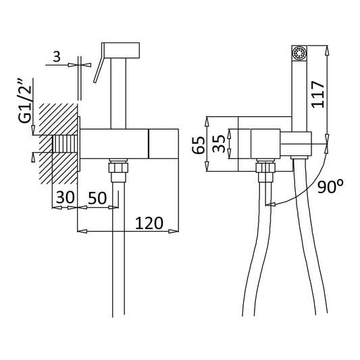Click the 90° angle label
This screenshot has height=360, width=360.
click(331, 187)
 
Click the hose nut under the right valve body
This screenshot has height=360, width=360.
click(263, 169)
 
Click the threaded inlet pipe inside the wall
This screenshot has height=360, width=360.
click(65, 145)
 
